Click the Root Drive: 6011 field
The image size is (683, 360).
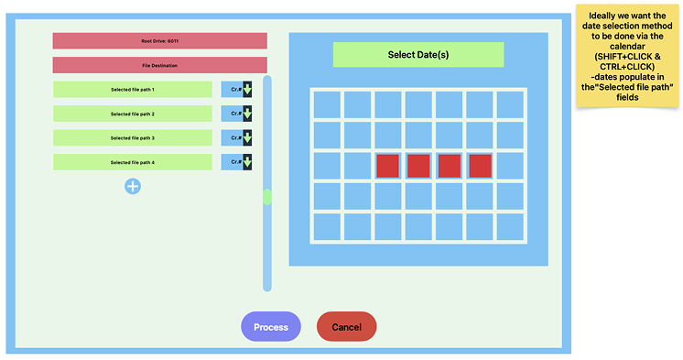159,41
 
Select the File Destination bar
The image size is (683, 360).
159,66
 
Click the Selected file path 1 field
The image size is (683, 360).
133,90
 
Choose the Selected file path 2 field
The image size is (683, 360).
133,114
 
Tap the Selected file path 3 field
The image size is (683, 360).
133,138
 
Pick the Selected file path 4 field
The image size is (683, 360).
133,162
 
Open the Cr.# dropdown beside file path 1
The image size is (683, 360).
236,90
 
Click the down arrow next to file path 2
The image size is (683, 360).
247,114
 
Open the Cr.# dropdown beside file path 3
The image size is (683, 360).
236,138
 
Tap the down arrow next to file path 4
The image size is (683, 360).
247,162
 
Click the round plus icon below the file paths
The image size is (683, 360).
133,186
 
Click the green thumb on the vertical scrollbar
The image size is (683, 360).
267,197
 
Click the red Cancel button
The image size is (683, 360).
346,327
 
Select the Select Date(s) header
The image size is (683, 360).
418,55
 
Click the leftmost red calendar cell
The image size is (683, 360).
388,166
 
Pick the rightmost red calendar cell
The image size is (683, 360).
481,166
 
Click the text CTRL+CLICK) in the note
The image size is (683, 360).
628,67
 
